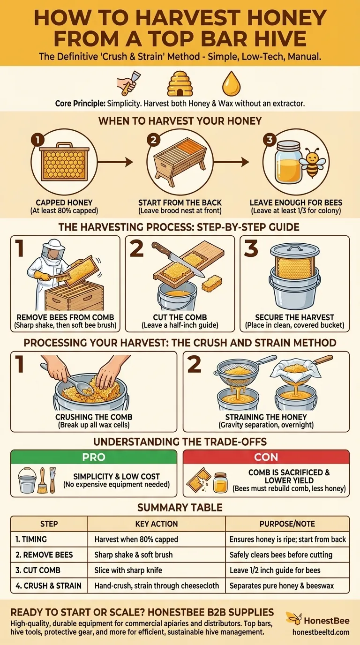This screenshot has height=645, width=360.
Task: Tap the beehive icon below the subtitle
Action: tap(180, 84)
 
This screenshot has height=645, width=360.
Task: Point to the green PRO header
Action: tap(94, 457)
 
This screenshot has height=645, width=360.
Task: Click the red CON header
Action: tap(266, 457)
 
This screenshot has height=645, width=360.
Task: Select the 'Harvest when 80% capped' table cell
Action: tap(136, 539)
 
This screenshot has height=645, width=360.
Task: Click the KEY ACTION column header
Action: tap(156, 524)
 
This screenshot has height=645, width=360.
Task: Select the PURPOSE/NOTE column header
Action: tap(287, 524)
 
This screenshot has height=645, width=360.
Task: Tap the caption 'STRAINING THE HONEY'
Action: tap(266, 416)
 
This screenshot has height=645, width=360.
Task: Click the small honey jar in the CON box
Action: tap(220, 482)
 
